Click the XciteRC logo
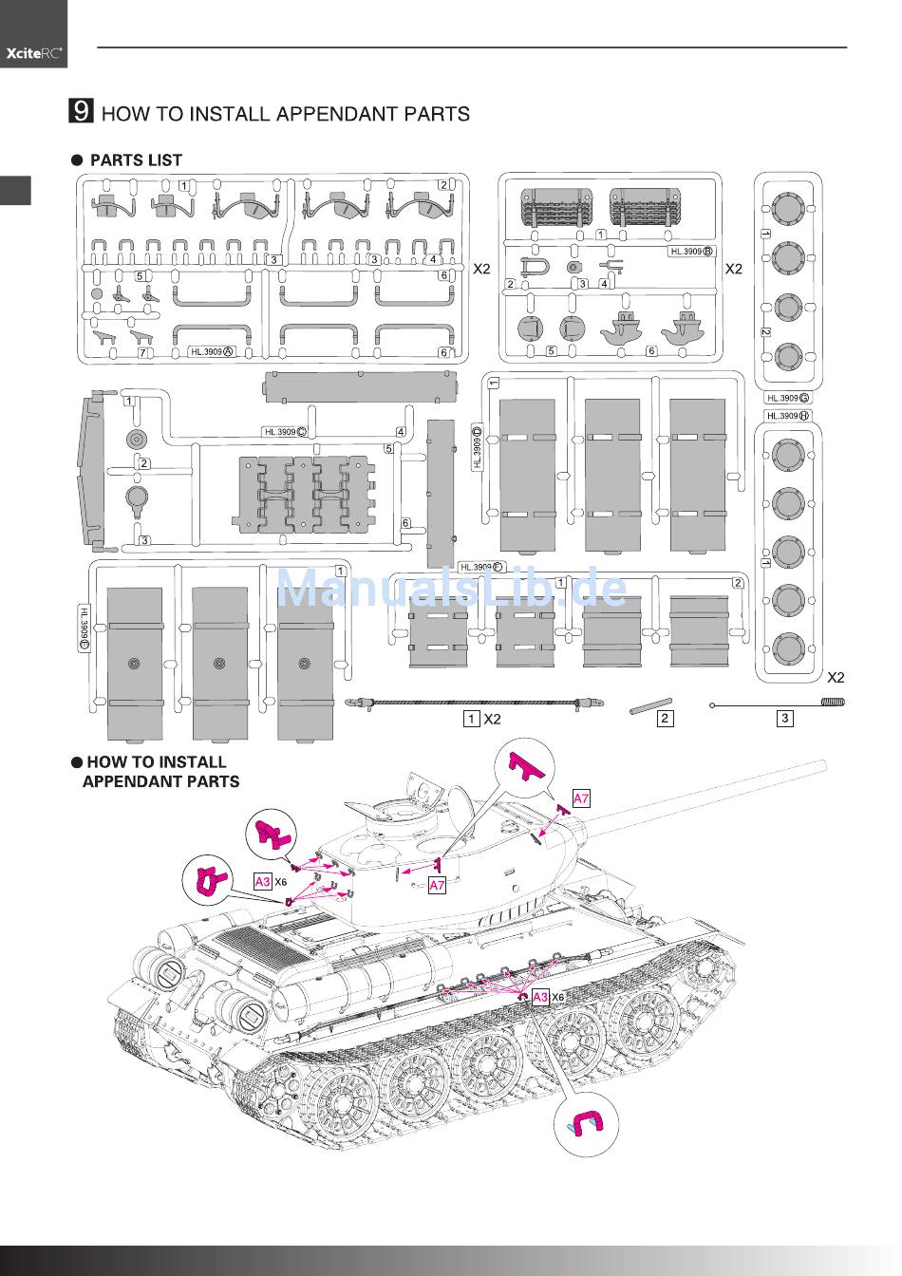[x=34, y=54]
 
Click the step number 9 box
[x=82, y=112]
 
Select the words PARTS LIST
[x=136, y=160]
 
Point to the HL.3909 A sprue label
[x=212, y=351]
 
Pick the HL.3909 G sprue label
[x=788, y=398]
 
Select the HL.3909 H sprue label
[x=788, y=416]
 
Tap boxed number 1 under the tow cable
[x=471, y=719]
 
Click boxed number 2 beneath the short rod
[x=665, y=719]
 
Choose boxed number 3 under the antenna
[x=784, y=719]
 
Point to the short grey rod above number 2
[x=649, y=705]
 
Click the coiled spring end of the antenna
[x=833, y=703]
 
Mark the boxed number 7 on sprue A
[x=143, y=353]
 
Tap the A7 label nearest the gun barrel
[x=581, y=798]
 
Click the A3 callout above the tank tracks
[x=539, y=997]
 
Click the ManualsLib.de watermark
[x=452, y=589]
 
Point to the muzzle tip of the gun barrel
[x=822, y=764]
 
